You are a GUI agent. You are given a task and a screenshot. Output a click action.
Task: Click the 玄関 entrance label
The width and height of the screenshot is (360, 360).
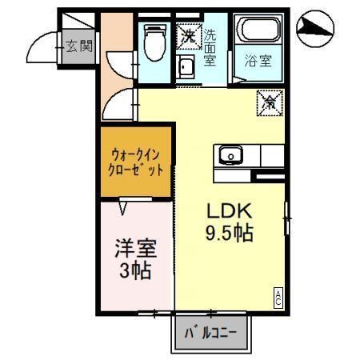(x=78, y=46)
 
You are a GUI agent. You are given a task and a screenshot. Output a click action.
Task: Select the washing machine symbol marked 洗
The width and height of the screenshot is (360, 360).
(x=189, y=35)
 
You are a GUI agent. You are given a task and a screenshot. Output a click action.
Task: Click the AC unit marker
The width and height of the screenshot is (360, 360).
(x=279, y=297)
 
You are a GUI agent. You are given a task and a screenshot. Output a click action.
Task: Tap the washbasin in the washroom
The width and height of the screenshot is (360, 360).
(x=186, y=66)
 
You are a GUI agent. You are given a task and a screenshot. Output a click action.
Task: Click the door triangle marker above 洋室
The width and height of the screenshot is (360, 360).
(x=123, y=208)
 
